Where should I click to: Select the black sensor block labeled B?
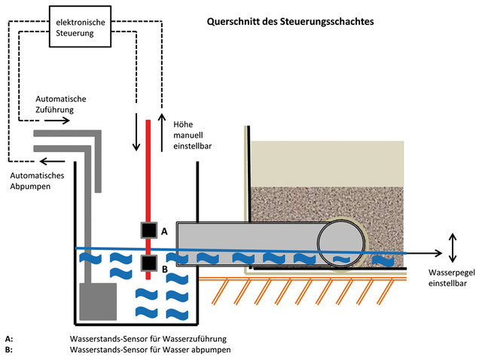(148, 264)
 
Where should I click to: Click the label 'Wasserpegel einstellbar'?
(450, 277)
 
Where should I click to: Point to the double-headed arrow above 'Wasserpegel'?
(452, 246)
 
